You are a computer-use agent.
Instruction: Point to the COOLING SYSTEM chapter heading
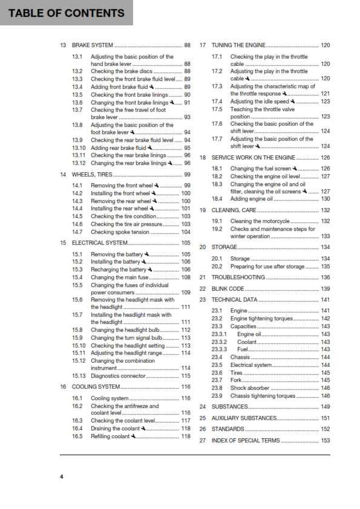[96, 386]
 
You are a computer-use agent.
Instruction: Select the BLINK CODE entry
[228, 289]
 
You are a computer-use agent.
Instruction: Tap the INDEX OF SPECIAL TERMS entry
[246, 441]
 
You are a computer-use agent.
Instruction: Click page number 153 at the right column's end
[326, 441]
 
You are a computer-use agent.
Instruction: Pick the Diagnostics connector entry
[119, 375]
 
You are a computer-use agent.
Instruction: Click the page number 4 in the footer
[61, 477]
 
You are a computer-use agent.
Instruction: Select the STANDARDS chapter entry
[228, 429]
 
